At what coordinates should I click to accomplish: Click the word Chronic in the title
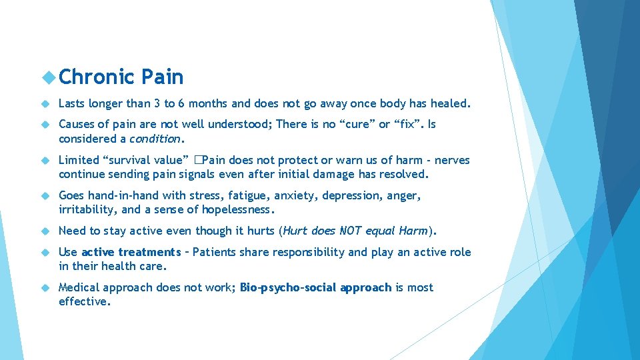click(x=96, y=77)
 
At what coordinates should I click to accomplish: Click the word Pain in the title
click(x=162, y=77)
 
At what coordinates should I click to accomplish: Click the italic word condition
click(x=155, y=139)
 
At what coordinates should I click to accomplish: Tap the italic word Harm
click(x=413, y=231)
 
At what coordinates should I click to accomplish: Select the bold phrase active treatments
click(x=131, y=252)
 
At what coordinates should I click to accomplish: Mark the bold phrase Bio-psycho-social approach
click(x=315, y=287)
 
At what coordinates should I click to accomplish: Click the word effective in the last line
click(x=84, y=301)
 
